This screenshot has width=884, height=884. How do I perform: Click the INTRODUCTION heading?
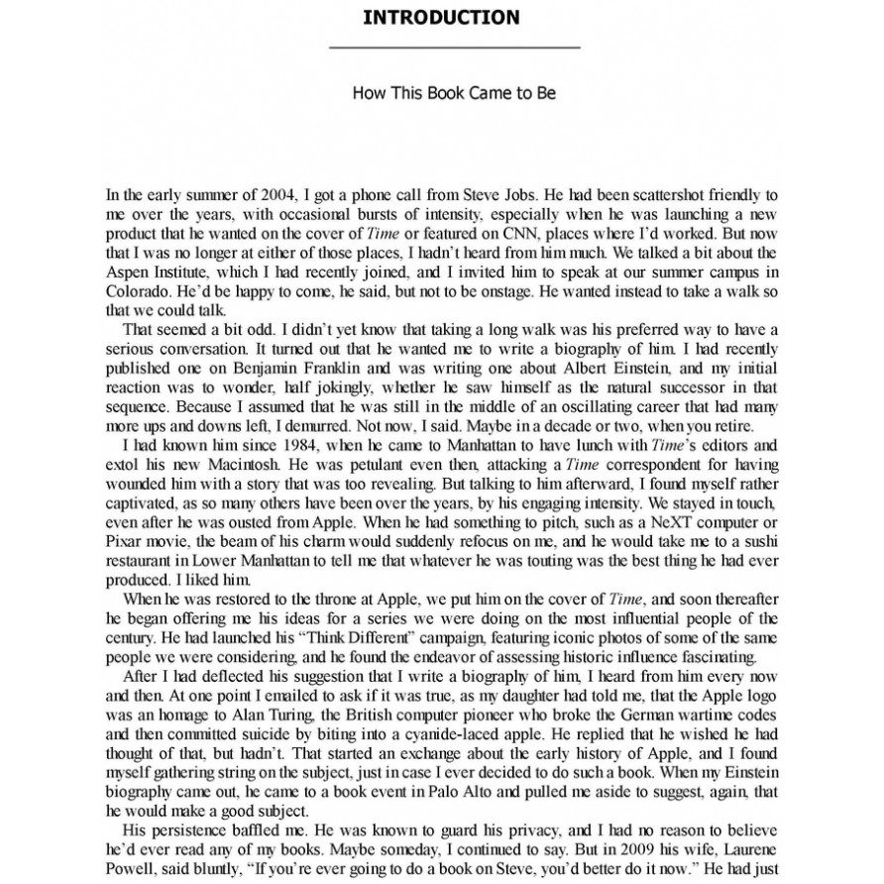[x=441, y=17]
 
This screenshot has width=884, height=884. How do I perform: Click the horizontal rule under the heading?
[x=454, y=48]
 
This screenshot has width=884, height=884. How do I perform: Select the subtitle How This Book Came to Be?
[x=454, y=93]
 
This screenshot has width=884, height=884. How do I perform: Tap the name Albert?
[x=579, y=374]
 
